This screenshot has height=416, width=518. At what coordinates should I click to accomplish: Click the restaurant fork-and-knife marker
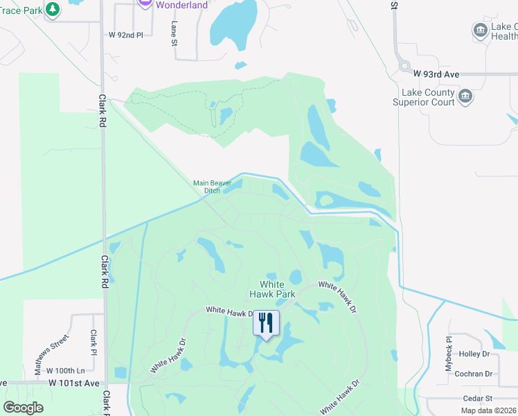click(x=266, y=322)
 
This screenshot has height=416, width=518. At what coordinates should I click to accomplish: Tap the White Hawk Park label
click(x=277, y=289)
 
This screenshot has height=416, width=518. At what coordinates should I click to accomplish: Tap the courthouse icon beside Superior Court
click(x=465, y=96)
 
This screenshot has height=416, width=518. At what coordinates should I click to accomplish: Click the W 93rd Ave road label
click(x=436, y=73)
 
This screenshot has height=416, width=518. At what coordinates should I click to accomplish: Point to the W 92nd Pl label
click(x=125, y=34)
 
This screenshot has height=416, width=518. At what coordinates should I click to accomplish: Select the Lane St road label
click(x=174, y=33)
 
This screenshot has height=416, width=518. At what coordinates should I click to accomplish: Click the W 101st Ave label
click(x=74, y=383)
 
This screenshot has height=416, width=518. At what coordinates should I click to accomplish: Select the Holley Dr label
click(x=474, y=354)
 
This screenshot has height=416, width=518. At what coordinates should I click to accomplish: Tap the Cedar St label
click(x=478, y=399)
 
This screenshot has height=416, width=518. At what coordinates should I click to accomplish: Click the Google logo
click(x=23, y=407)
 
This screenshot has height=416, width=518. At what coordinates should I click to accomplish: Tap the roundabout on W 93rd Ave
click(x=403, y=67)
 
